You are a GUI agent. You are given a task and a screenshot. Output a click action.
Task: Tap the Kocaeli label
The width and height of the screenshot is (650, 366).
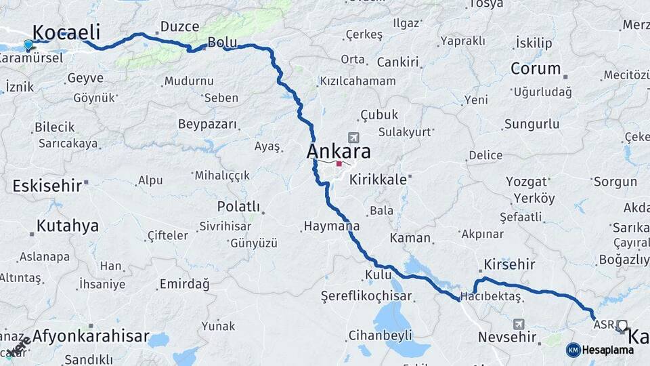(66, 32)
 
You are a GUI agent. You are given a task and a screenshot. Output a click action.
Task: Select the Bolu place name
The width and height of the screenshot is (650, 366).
(222, 42)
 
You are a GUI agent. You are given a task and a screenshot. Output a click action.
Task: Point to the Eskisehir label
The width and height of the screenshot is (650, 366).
(46, 185)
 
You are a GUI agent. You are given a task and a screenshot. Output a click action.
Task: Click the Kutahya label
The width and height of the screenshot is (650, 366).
(67, 226)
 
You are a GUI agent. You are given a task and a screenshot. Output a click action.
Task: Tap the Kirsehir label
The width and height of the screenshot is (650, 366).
(509, 264)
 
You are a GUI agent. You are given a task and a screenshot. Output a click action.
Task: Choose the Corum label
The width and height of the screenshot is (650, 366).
(536, 68)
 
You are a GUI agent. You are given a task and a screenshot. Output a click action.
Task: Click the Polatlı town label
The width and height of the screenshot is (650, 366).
(238, 206)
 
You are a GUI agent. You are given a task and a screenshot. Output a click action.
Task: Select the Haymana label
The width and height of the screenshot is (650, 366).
(332, 226)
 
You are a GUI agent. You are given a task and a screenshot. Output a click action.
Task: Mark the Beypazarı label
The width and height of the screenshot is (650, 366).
(208, 124)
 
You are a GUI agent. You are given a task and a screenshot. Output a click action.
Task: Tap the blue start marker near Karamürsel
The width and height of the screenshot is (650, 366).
(28, 45)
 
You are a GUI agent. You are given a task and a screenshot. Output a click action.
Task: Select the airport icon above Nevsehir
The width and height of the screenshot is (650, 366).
(519, 324)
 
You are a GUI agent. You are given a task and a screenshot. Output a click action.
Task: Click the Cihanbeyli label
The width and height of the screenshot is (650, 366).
(380, 335)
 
